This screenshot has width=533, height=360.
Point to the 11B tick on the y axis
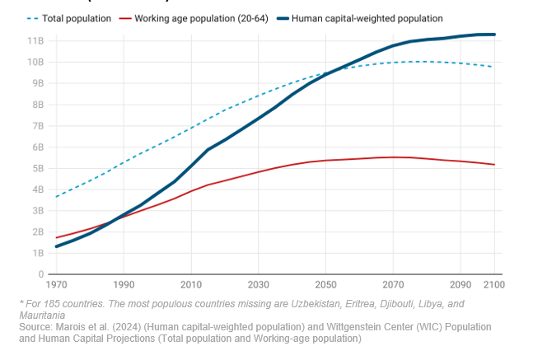(x=35, y=40)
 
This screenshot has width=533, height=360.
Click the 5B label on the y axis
(x=38, y=168)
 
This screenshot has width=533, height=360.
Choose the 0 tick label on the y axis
(x=40, y=274)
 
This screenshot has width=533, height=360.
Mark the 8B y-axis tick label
(x=38, y=105)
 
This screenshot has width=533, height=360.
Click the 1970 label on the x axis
(x=56, y=285)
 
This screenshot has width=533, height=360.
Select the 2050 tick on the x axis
(x=325, y=285)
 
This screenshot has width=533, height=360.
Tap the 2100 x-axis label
(x=493, y=285)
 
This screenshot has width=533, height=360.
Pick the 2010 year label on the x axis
(x=190, y=285)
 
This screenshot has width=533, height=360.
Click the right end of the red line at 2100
(x=494, y=165)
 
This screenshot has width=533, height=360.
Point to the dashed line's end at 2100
(x=494, y=67)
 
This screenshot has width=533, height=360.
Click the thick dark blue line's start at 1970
(x=56, y=246)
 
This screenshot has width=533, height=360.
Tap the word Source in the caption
(x=35, y=327)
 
